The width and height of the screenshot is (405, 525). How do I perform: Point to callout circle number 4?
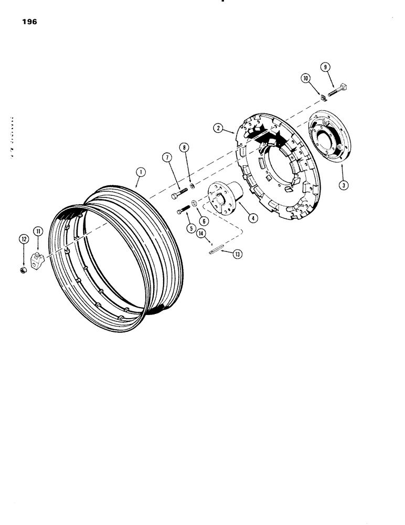click(253, 217)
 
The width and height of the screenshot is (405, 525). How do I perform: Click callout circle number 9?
click(326, 67)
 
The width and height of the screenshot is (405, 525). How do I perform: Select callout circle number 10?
click(305, 79)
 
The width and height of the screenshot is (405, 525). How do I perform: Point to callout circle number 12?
click(23, 239)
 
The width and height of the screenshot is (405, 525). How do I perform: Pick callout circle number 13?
click(238, 254)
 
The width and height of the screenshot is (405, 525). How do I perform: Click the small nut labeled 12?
click(23, 270)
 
